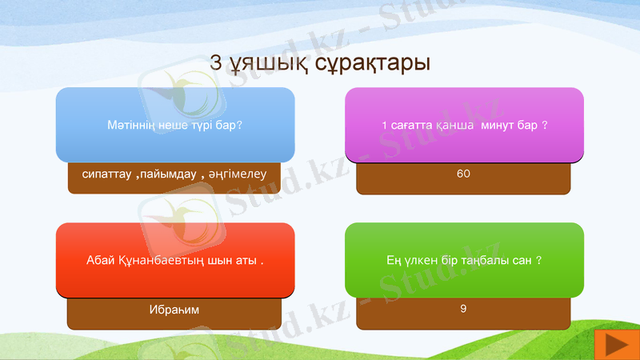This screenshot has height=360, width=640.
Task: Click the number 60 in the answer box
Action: [463, 174]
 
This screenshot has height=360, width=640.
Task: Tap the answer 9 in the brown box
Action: [463, 308]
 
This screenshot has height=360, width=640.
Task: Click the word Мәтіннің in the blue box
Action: [129, 126]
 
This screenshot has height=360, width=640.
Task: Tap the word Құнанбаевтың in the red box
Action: [159, 261]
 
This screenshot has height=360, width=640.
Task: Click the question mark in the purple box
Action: [544, 126]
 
